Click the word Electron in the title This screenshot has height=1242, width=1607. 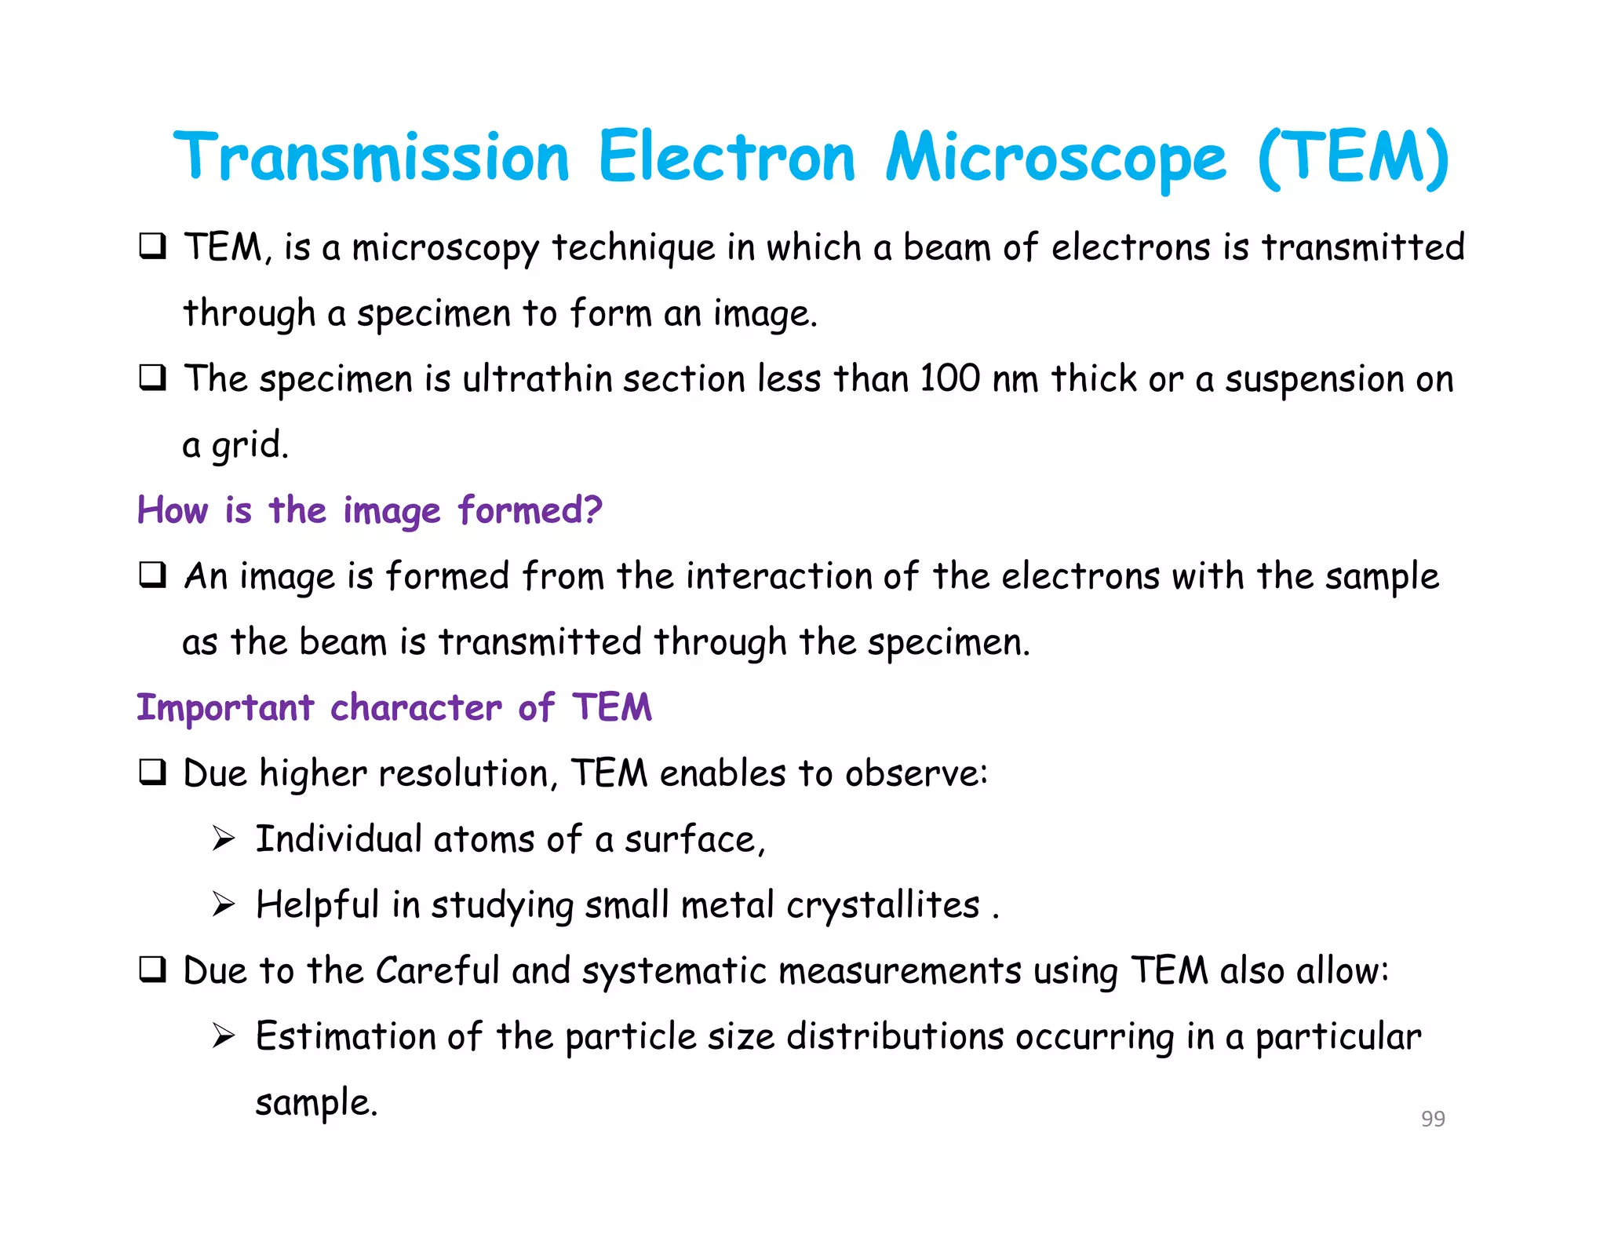click(726, 157)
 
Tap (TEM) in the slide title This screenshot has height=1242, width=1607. click(1353, 157)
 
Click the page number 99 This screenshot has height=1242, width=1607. click(1433, 1118)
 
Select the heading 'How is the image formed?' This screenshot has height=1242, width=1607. click(370, 510)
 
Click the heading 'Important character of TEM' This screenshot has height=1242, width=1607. click(394, 707)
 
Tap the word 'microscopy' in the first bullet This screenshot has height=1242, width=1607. click(445, 248)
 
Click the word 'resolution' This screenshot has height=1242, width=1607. click(468, 773)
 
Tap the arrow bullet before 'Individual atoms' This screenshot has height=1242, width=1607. click(224, 839)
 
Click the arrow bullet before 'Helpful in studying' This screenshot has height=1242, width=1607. click(224, 905)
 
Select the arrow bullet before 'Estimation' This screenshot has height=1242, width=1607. click(224, 1036)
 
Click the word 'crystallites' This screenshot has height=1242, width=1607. click(883, 905)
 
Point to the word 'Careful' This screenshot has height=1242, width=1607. click(437, 970)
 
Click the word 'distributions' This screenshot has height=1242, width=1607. click(895, 1036)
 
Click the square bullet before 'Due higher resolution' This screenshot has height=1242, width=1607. click(152, 773)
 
